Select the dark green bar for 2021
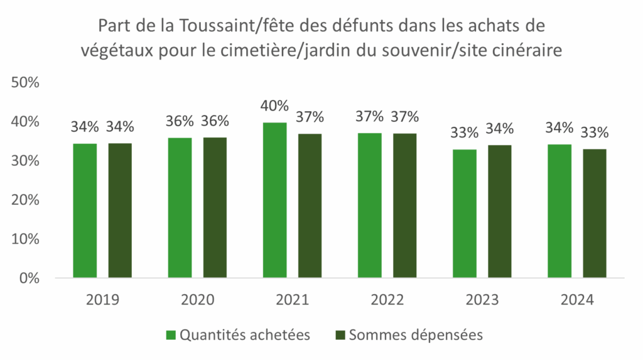click(x=310, y=205)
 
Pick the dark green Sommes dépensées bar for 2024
click(x=594, y=213)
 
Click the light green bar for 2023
click(x=465, y=213)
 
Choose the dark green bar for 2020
click(x=215, y=207)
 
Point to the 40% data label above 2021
click(x=274, y=106)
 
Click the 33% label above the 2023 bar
click(x=465, y=133)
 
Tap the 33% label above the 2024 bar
click(x=594, y=133)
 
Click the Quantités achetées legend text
click(x=245, y=335)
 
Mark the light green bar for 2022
click(x=369, y=205)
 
